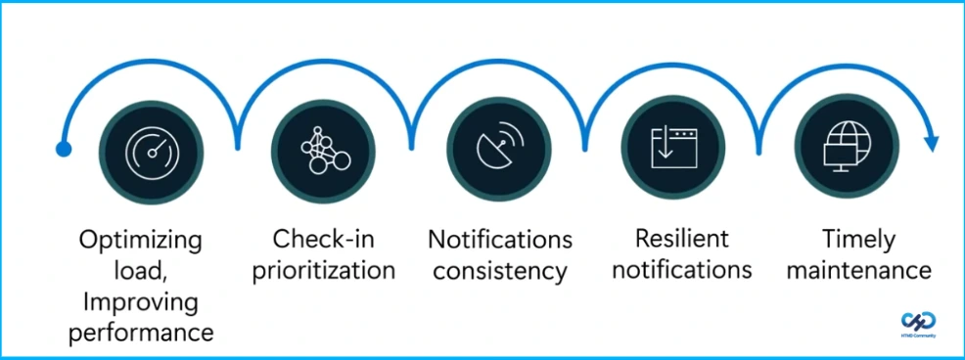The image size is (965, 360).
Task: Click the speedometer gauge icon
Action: (152, 149)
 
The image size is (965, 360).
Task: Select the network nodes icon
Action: (324, 149)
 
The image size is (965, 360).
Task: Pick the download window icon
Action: (672, 149)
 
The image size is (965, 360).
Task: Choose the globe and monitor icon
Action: (844, 149)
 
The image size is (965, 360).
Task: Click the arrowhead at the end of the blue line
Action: (931, 143)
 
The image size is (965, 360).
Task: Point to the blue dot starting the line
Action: (64, 150)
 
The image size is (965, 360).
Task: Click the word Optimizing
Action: (141, 240)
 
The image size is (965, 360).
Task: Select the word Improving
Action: (146, 301)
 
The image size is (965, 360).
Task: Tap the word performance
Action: (146, 333)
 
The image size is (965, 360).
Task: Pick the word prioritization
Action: (324, 270)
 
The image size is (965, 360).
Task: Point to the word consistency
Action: (500, 270)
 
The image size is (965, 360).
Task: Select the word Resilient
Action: (682, 239)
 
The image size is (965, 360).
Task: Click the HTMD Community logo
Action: (917, 324)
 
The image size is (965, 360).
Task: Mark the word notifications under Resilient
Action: (682, 269)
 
